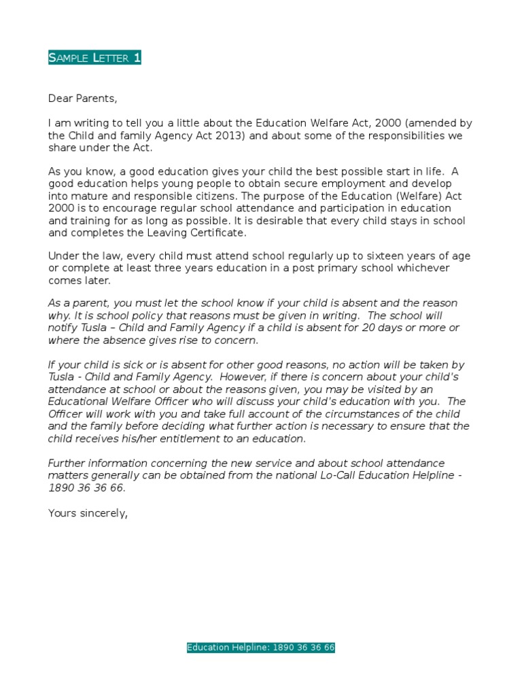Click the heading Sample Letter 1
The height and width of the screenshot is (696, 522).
(x=94, y=58)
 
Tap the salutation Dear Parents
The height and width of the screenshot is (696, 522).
(x=82, y=99)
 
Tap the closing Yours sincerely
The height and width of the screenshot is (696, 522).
(x=88, y=513)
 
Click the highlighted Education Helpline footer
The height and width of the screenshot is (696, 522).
(x=261, y=648)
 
